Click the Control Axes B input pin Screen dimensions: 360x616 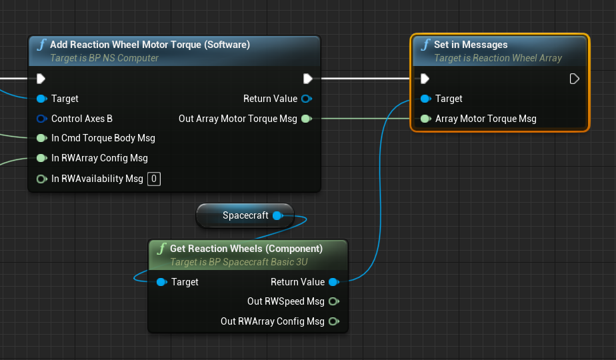coord(41,119)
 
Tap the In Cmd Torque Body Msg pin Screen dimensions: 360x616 coord(41,139)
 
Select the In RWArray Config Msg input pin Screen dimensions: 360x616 coord(41,159)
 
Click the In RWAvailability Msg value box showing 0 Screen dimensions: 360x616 coord(153,179)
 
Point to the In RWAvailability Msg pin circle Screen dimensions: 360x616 coord(41,179)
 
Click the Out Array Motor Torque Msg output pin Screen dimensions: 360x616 coord(306,119)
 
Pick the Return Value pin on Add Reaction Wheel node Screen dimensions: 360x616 coord(306,99)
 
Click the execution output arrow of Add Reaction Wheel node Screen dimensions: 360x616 coord(308,79)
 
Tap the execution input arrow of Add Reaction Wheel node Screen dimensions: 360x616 coord(41,79)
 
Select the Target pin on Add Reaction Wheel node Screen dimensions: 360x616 coord(41,99)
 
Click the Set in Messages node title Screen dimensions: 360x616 coord(471,45)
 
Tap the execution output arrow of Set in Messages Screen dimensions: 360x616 coord(574,79)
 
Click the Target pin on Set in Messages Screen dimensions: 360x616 coord(425,99)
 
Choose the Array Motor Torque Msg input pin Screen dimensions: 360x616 coord(425,119)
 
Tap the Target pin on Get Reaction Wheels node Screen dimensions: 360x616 coord(161,282)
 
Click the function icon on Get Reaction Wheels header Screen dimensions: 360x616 coord(161,249)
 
